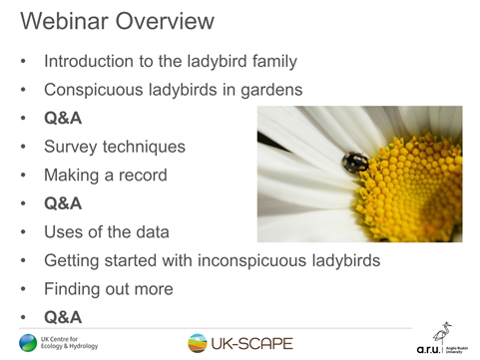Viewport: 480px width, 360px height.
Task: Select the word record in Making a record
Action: point(144,176)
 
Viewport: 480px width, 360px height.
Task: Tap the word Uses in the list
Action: point(64,232)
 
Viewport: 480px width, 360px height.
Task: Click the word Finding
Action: point(72,289)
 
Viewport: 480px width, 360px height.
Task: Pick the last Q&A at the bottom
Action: point(63,318)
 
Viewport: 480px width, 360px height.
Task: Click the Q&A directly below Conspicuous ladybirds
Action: point(63,119)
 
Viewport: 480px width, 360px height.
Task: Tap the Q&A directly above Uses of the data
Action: point(63,204)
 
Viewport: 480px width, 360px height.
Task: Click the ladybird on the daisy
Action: point(354,162)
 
